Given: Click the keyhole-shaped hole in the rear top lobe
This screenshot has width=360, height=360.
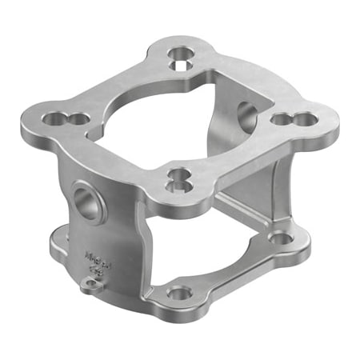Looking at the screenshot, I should tap(181, 56).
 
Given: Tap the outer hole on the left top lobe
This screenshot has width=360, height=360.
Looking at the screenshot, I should tap(52, 118).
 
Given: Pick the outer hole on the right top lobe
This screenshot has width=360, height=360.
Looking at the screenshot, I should tap(306, 119).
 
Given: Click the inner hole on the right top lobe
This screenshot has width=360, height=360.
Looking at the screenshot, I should tap(282, 119).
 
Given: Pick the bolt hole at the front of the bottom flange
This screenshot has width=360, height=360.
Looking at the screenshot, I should tap(180, 293).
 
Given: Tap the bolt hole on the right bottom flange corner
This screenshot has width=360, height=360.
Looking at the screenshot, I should tap(280, 238).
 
